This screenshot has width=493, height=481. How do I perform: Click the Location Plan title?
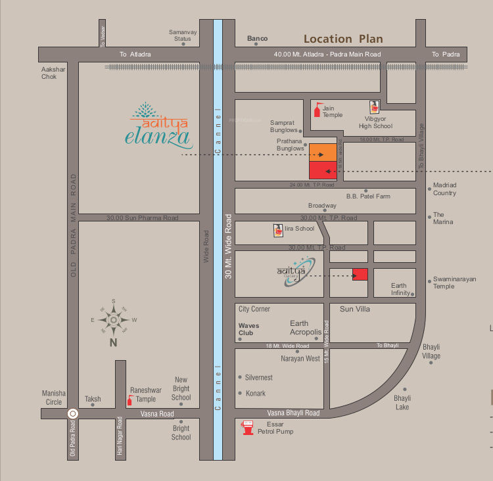pyautogui.click(x=343, y=39)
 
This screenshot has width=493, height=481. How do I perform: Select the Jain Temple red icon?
pyautogui.click(x=319, y=110)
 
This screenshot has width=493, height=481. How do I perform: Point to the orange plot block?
pyautogui.click(x=323, y=152)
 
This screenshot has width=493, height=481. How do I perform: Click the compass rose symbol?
pyautogui.click(x=114, y=320)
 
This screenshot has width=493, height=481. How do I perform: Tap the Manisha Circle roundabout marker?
pyautogui.click(x=73, y=414)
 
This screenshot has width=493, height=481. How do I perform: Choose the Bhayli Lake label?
pyautogui.click(x=402, y=402)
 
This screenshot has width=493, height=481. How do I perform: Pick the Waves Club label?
pyautogui.click(x=248, y=329)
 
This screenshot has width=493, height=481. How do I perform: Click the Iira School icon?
pyautogui.click(x=278, y=231)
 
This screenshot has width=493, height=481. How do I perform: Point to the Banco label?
pyautogui.click(x=257, y=39)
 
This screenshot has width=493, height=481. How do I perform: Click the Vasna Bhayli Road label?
pyautogui.click(x=293, y=413)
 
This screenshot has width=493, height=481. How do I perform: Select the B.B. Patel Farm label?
pyautogui.click(x=368, y=196)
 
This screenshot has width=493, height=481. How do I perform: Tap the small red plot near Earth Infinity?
pyautogui.click(x=360, y=275)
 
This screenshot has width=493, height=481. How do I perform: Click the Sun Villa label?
pyautogui.click(x=356, y=308)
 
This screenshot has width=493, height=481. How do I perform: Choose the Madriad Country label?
pyautogui.click(x=444, y=189)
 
